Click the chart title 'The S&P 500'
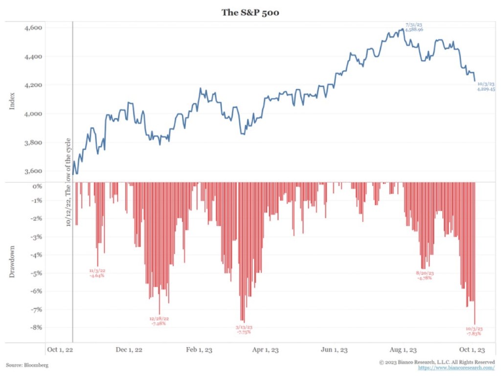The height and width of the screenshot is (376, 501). pyautogui.click(x=250, y=12)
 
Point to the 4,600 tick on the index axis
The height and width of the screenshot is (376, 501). pyautogui.click(x=33, y=28)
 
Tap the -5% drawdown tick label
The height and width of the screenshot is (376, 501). pyautogui.click(x=36, y=273)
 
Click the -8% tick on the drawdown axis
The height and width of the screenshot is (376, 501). pyautogui.click(x=36, y=328)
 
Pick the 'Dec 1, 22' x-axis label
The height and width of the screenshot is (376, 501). pyautogui.click(x=129, y=350)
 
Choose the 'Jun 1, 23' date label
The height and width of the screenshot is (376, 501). pyautogui.click(x=334, y=350)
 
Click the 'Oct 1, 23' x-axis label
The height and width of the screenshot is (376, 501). pyautogui.click(x=472, y=350)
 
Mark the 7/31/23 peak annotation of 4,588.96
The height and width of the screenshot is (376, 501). pyautogui.click(x=414, y=27)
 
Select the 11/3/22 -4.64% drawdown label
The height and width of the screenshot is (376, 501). pyautogui.click(x=97, y=273)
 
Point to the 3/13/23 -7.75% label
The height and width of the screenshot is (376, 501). pyautogui.click(x=244, y=329)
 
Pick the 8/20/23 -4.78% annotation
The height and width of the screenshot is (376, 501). pyautogui.click(x=424, y=275)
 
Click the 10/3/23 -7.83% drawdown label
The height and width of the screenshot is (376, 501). pyautogui.click(x=474, y=331)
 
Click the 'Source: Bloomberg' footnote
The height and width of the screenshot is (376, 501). pyautogui.click(x=27, y=365)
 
